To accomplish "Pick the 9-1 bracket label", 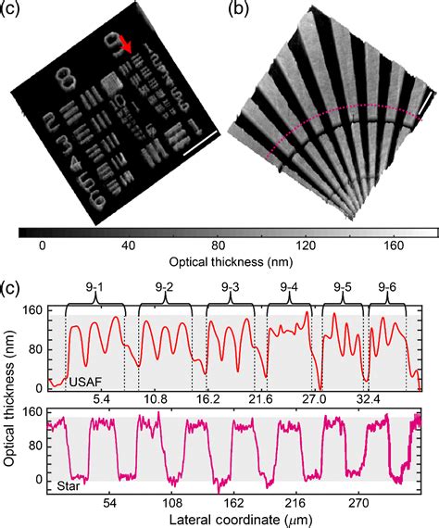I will tap(96, 287).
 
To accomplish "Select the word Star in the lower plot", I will tap(67, 484).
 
